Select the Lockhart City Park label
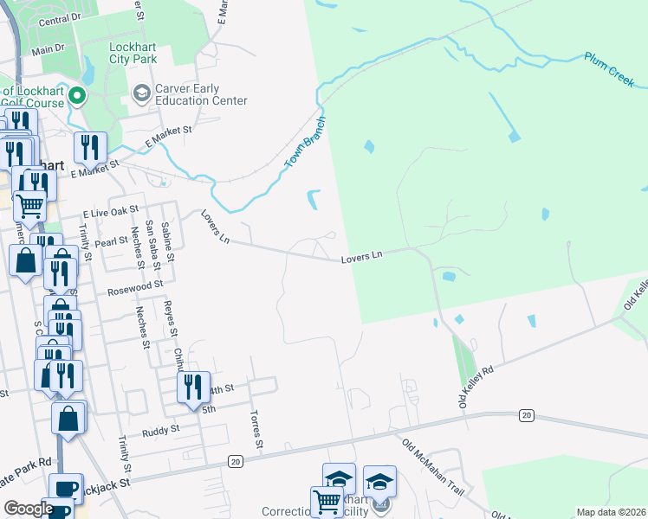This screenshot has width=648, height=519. click(x=133, y=54)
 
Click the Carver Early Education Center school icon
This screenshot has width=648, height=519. click(x=140, y=92)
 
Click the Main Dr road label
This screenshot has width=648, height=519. click(x=49, y=49)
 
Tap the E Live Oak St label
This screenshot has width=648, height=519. click(x=110, y=211)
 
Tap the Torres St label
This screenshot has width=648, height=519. click(x=256, y=430)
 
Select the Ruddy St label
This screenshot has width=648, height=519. click(x=162, y=428)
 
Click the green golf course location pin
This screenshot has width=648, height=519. click(x=76, y=95)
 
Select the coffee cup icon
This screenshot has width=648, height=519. click(x=66, y=488)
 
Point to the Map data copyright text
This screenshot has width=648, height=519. click(x=610, y=512)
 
